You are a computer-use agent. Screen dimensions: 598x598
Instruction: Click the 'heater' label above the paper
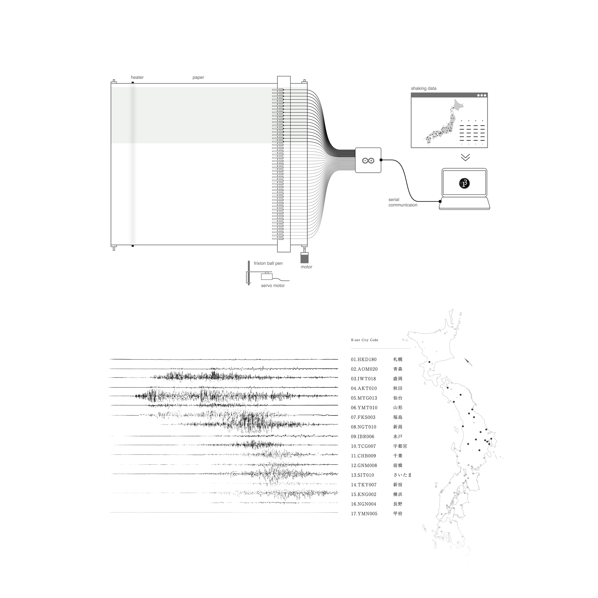[x=137, y=77]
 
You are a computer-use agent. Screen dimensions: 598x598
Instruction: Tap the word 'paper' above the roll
[x=198, y=77]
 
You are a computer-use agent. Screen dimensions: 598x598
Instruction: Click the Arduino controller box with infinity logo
[x=368, y=160]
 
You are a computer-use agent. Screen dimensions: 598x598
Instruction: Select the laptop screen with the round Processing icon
[x=464, y=183]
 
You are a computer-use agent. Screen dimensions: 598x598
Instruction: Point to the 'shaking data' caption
[x=423, y=88]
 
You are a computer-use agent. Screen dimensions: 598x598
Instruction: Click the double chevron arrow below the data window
[x=465, y=158]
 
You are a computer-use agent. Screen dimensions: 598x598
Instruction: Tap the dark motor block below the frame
[x=305, y=258]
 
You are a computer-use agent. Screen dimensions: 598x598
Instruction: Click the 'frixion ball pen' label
[x=268, y=263]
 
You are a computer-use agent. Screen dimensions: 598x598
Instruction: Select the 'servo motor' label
[x=273, y=286]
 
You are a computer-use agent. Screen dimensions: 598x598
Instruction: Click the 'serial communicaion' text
[x=403, y=202]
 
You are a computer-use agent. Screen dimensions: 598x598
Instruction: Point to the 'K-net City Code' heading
[x=365, y=340]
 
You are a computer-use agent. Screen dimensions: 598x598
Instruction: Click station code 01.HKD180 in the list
[x=364, y=360]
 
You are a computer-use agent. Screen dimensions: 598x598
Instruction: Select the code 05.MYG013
[x=364, y=398]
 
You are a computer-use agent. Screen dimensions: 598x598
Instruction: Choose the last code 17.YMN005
[x=364, y=514]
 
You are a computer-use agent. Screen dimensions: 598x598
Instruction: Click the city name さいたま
[x=402, y=475]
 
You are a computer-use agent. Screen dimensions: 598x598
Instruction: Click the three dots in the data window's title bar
[x=481, y=95]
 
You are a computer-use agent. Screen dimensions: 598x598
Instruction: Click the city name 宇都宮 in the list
[x=400, y=446]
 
